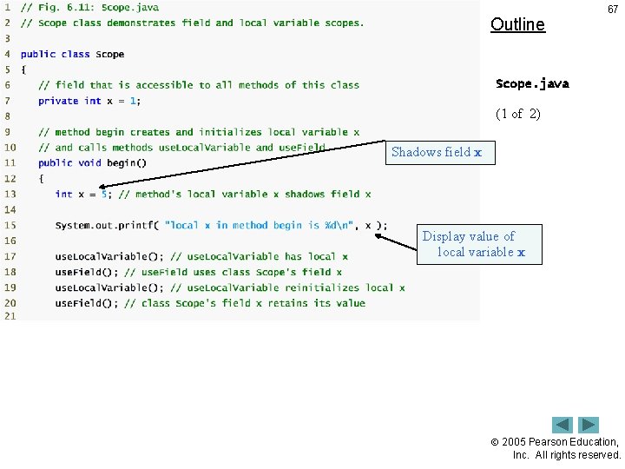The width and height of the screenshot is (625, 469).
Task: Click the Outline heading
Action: tap(517, 24)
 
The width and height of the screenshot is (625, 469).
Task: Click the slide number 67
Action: tap(613, 10)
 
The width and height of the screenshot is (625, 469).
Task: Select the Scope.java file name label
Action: tap(532, 84)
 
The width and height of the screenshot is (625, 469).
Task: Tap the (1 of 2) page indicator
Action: tap(517, 114)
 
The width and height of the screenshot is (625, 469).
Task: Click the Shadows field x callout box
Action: tap(436, 153)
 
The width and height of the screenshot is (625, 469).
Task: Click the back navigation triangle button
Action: tap(562, 426)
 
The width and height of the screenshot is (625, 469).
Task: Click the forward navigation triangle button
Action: tap(589, 426)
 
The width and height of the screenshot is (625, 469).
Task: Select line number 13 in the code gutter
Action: tap(10, 194)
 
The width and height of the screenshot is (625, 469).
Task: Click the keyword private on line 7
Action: tap(58, 101)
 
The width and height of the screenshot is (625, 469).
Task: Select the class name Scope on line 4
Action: tap(110, 54)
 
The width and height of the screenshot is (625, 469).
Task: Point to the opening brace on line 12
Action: tap(41, 178)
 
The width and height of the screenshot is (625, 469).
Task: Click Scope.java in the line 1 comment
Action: tap(130, 7)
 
